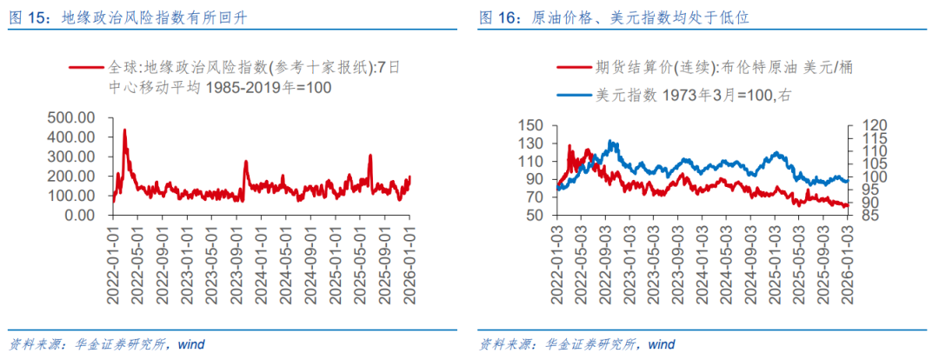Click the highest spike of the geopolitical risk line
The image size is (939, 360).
(x=124, y=130)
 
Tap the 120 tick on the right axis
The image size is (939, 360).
(x=871, y=126)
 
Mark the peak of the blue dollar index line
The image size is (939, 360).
(x=612, y=142)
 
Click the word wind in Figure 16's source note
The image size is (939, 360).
(x=661, y=343)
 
